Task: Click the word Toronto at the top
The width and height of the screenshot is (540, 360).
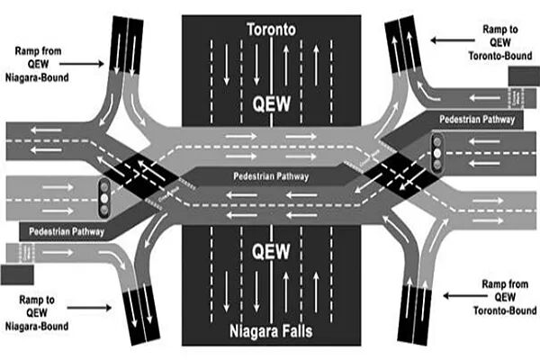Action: (x=271, y=30)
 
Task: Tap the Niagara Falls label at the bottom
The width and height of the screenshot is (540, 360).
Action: (x=271, y=332)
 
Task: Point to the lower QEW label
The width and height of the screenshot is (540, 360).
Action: (x=271, y=249)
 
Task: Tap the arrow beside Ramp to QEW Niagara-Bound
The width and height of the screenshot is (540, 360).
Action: (x=90, y=299)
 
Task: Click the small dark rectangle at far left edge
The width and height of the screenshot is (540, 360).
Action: (x=15, y=273)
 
